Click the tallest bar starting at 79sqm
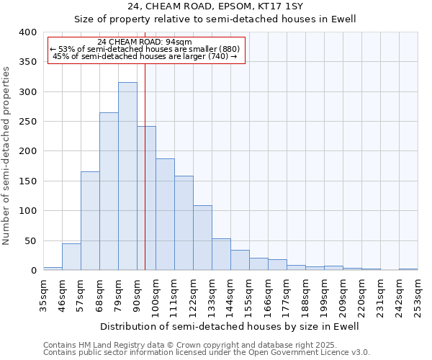coord(127,176)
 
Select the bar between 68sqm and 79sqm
coord(109,192)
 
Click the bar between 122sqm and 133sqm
coord(202,238)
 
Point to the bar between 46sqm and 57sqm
coord(71,257)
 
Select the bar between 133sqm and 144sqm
coord(221,254)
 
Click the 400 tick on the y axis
coord(27,32)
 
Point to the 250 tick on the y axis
coord(27,122)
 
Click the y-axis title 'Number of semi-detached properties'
coord(7,156)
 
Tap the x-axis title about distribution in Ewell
coord(229,326)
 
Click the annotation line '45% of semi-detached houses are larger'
coord(145,56)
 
